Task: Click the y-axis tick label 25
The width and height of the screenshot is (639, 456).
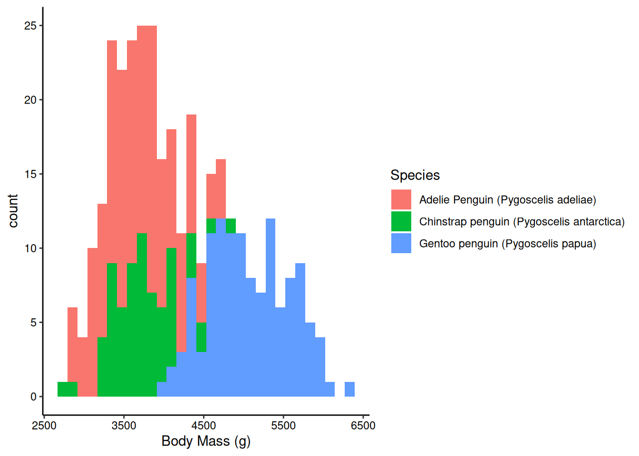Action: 30,26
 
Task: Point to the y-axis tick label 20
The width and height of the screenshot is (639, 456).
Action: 30,100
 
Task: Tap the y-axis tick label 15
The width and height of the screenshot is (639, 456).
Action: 30,174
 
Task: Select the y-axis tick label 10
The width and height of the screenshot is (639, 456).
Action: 30,248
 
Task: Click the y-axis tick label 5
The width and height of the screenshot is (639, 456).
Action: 33,323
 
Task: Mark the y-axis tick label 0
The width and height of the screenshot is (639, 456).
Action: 33,397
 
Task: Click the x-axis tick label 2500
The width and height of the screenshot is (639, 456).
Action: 44,426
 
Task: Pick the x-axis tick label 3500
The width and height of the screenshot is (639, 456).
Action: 124,426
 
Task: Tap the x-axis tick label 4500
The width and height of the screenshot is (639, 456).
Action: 203,426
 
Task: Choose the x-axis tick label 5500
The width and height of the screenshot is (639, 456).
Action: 283,426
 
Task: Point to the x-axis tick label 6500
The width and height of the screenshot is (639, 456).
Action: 363,426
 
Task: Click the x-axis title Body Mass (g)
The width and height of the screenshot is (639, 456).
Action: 206,441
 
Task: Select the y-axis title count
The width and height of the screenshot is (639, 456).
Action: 13,211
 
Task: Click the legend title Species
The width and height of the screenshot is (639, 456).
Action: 415,175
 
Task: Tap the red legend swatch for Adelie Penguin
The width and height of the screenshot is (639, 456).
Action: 401,199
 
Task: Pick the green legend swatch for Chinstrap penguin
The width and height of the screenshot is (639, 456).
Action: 401,221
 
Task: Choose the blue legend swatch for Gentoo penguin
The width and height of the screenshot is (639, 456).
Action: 401,243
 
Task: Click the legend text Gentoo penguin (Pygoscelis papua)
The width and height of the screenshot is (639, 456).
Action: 507,244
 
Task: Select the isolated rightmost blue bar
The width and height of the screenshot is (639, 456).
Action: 349,389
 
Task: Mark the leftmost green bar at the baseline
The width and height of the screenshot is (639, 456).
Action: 68,389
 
